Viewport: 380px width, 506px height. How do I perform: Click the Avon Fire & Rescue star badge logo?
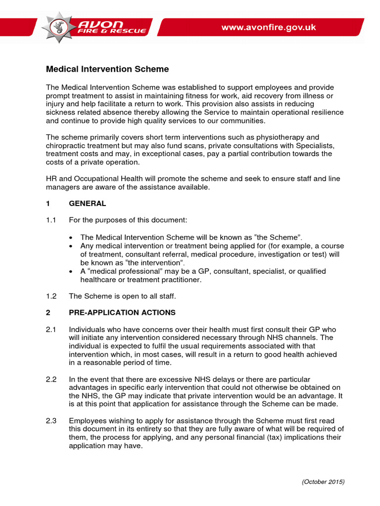pyautogui.click(x=59, y=27)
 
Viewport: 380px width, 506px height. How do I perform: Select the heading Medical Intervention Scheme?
pyautogui.click(x=107, y=69)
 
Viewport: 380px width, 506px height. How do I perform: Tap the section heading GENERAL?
pyautogui.click(x=88, y=203)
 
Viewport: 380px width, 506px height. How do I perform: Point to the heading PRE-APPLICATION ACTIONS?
pyautogui.click(x=122, y=313)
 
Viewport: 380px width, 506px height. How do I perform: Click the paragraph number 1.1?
pyautogui.click(x=51, y=219)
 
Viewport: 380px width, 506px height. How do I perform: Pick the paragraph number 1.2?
pyautogui.click(x=51, y=296)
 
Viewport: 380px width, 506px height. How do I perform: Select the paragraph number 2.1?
pyautogui.click(x=51, y=329)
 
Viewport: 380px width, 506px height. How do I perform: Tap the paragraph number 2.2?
pyautogui.click(x=51, y=379)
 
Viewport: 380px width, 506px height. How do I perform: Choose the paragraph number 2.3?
pyautogui.click(x=51, y=421)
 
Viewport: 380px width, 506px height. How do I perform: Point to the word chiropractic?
pyautogui.click(x=67, y=145)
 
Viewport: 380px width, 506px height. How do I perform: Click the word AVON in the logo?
pyautogui.click(x=110, y=23)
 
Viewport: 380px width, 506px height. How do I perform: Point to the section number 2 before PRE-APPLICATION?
pyautogui.click(x=48, y=313)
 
